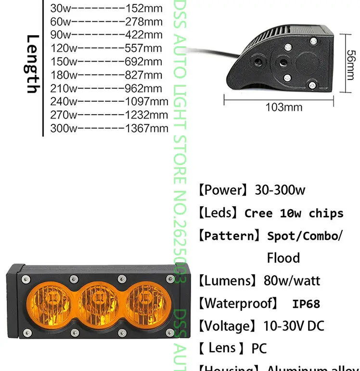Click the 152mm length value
tap(143, 8)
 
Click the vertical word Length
tap(32, 64)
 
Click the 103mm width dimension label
tap(284, 107)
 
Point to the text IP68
tap(306, 304)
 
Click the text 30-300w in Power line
tap(280, 190)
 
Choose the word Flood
tap(283, 258)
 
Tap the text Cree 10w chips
tap(294, 213)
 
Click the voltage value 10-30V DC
tap(294, 326)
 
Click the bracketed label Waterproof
tap(238, 304)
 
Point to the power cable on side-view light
tap(219, 50)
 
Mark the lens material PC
tap(258, 348)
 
